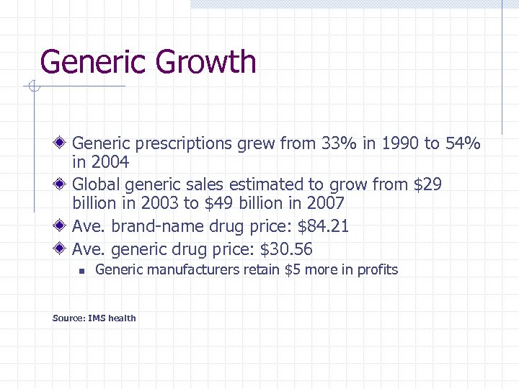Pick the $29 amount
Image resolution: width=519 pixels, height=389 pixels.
pos(427,185)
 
